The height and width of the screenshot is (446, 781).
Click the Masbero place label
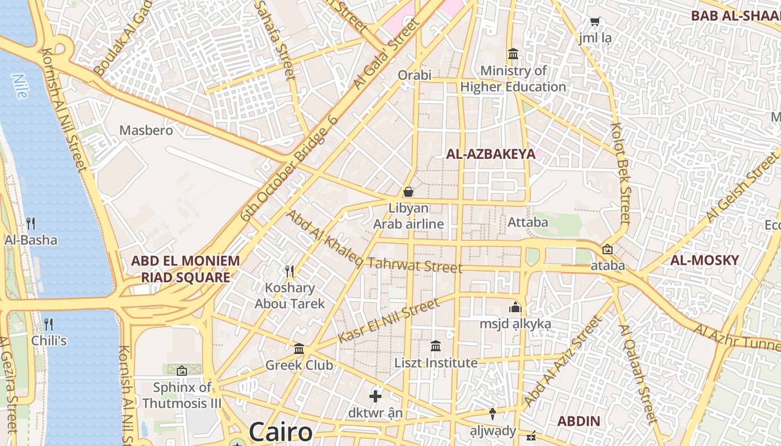[x=146, y=130]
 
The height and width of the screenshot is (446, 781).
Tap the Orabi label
[x=414, y=75]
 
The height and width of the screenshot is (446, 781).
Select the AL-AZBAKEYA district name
[x=490, y=154]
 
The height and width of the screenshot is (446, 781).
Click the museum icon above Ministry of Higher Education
[x=513, y=54]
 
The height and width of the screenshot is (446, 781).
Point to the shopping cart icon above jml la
[x=595, y=22]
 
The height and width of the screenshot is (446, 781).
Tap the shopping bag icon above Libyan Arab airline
[x=408, y=192]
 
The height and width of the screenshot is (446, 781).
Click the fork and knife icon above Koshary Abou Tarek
[x=290, y=272]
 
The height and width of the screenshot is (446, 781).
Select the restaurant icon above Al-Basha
[x=31, y=224]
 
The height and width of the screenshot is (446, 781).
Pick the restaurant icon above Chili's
[x=49, y=324]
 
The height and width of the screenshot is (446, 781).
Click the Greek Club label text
[x=299, y=365]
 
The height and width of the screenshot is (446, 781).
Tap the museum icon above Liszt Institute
[x=436, y=346]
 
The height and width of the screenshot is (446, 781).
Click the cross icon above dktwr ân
[x=375, y=396]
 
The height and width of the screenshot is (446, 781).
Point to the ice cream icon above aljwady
[x=493, y=414]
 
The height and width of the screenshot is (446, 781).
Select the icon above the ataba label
[x=608, y=249]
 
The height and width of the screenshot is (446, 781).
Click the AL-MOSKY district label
[x=705, y=260]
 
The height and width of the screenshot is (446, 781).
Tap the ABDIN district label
[x=579, y=421]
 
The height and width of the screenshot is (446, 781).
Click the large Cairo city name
[x=281, y=432]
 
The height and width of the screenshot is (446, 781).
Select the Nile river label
[x=20, y=86]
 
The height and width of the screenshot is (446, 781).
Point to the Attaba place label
[x=528, y=222]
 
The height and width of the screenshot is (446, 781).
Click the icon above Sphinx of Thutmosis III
[x=182, y=370]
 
